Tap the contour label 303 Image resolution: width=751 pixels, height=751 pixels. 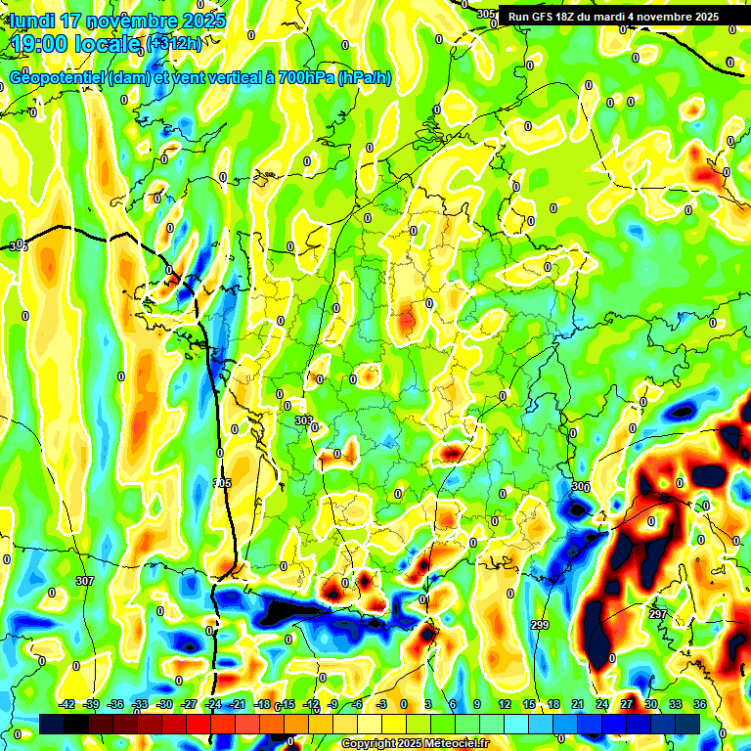pyautogui.click(x=303, y=420)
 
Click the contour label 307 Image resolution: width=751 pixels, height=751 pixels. pyautogui.click(x=84, y=581)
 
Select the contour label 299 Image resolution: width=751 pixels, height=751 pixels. pyautogui.click(x=539, y=624)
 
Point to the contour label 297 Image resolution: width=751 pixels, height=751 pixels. pyautogui.click(x=658, y=614)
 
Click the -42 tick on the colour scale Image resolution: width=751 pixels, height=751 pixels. pyautogui.click(x=67, y=704)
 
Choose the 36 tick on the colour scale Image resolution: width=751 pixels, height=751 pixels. pyautogui.click(x=699, y=704)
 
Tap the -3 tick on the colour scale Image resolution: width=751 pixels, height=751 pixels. pyautogui.click(x=382, y=704)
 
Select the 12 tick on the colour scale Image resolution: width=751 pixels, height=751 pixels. pyautogui.click(x=505, y=704)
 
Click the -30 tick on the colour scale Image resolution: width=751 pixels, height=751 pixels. pyautogui.click(x=164, y=704)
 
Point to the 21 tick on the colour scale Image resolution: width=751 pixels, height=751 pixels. pyautogui.click(x=577, y=704)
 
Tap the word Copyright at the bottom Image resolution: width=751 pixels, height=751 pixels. pyautogui.click(x=371, y=744)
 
